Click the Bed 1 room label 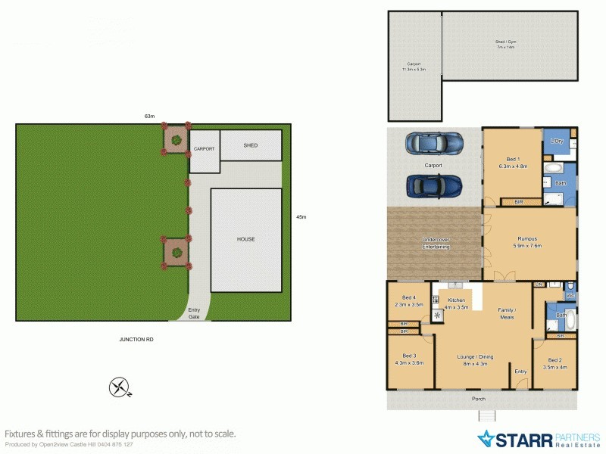512,161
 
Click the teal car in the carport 435,142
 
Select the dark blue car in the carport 435,185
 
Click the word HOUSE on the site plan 245,239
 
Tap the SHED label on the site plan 250,145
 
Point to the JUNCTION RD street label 136,340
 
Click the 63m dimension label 150,117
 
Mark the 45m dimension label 301,217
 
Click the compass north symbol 120,388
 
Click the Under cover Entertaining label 436,244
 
